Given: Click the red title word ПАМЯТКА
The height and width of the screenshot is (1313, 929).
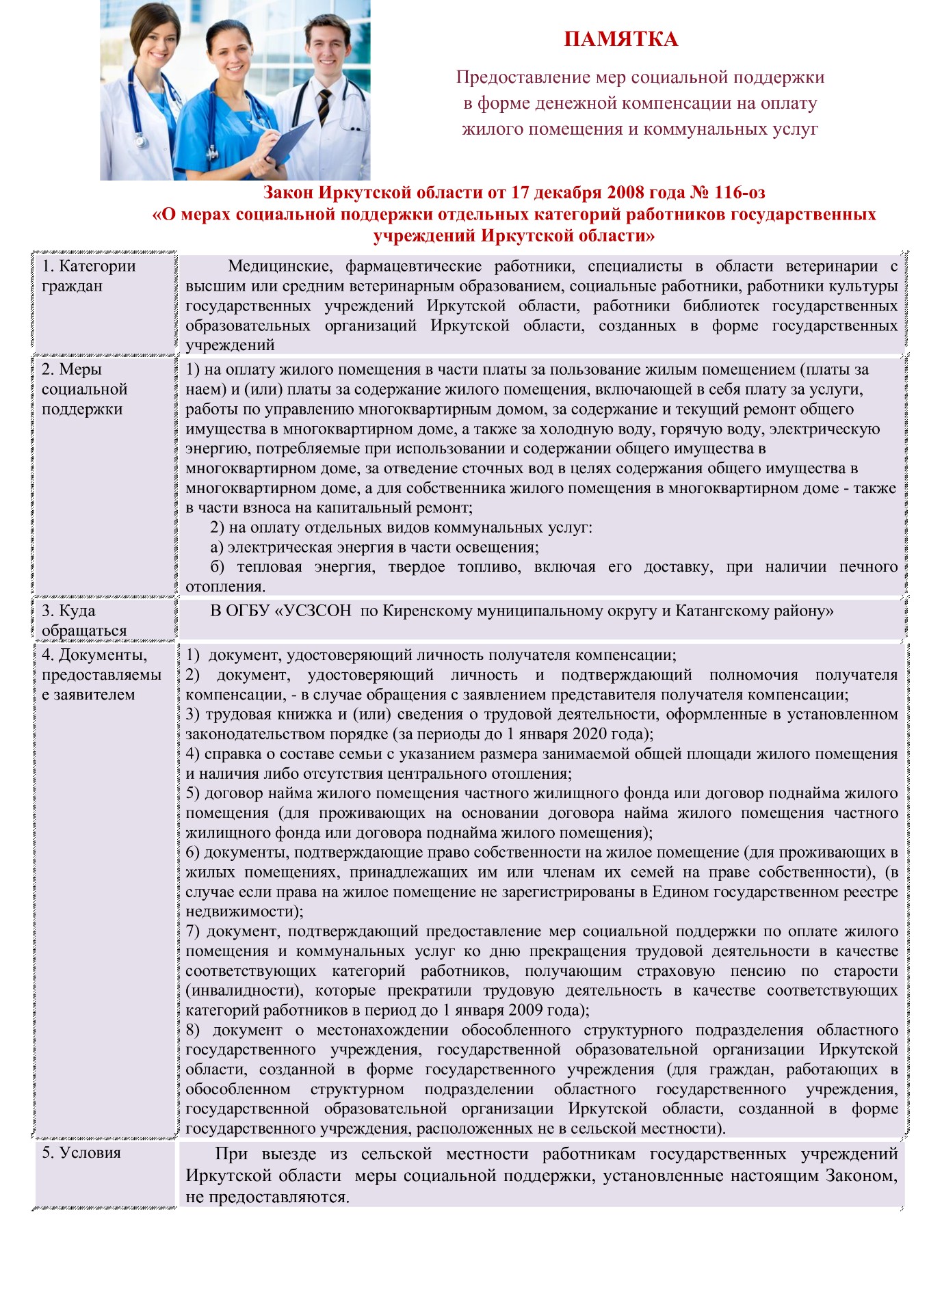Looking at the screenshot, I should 620,40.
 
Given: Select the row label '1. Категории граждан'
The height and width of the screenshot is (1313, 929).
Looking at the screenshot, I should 89,276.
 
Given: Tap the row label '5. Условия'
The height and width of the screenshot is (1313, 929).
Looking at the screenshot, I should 81,1152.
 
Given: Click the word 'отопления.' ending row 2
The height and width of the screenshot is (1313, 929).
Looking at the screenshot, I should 225,586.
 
